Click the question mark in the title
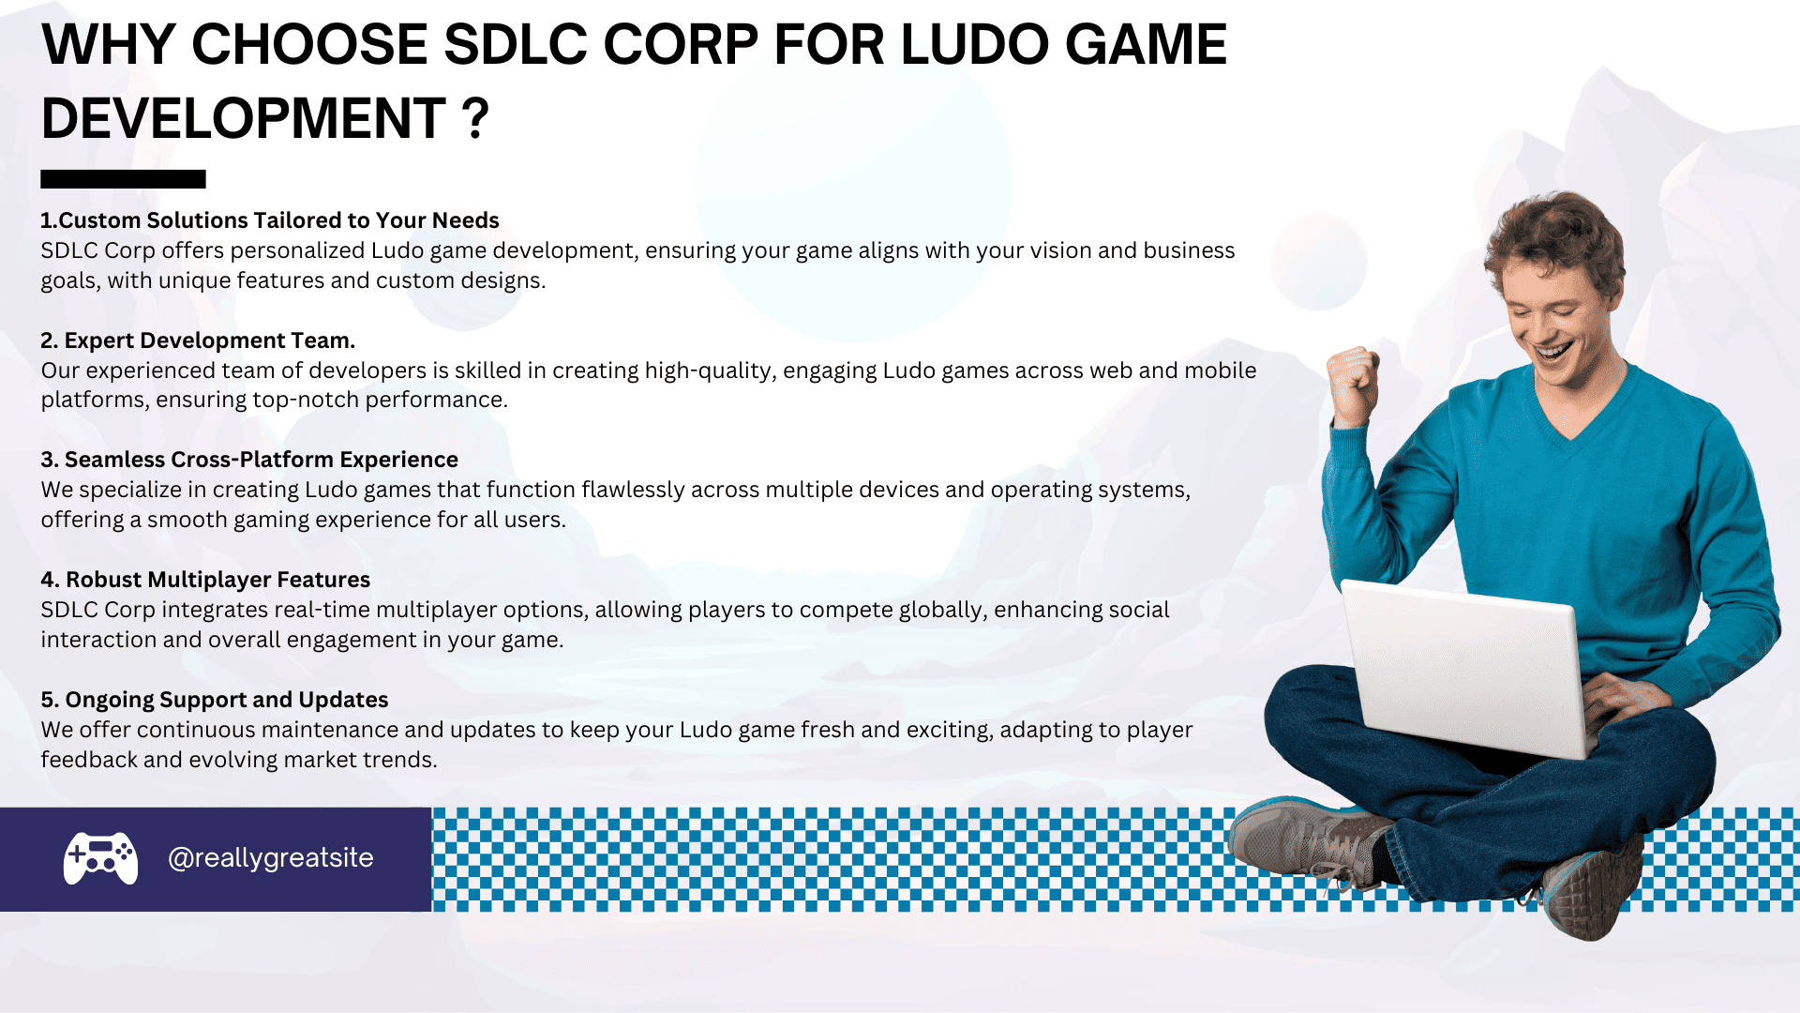pyautogui.click(x=475, y=118)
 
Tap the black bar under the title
pyautogui.click(x=123, y=179)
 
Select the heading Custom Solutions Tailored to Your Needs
pyautogui.click(x=270, y=220)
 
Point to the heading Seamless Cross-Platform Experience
pyautogui.click(x=249, y=460)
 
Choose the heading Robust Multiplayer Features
pyautogui.click(x=205, y=580)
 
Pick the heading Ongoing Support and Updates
pyautogui.click(x=215, y=700)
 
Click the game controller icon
pyautogui.click(x=100, y=858)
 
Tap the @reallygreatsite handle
pyautogui.click(x=271, y=858)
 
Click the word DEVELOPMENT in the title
pyautogui.click(x=244, y=118)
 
